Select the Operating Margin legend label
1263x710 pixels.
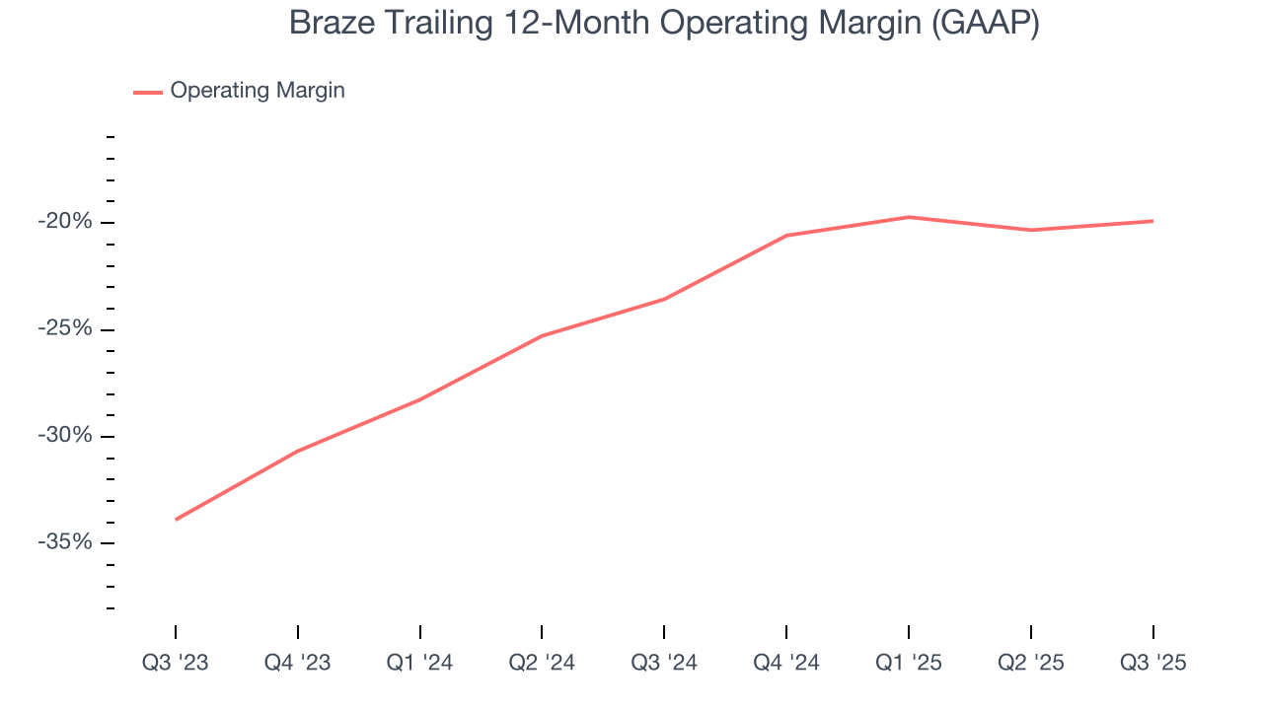click(258, 91)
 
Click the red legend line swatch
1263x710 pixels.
click(148, 92)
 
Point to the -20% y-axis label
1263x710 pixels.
click(65, 222)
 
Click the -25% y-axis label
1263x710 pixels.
click(65, 328)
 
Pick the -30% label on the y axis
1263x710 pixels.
click(65, 436)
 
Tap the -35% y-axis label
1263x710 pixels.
click(65, 542)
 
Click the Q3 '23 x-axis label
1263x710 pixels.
click(176, 663)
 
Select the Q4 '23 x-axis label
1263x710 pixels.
click(298, 663)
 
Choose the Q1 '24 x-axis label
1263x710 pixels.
click(420, 663)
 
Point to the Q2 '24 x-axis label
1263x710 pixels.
click(542, 663)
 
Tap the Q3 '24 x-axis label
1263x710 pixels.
click(664, 663)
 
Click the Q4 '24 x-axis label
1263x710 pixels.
click(786, 663)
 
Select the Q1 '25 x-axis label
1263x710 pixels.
click(909, 663)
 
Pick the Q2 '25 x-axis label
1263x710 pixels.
click(1031, 663)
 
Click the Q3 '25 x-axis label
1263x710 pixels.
click(1153, 663)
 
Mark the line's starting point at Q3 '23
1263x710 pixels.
click(176, 520)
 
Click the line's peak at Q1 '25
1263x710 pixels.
click(909, 217)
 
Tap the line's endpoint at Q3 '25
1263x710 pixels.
click(1153, 221)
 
